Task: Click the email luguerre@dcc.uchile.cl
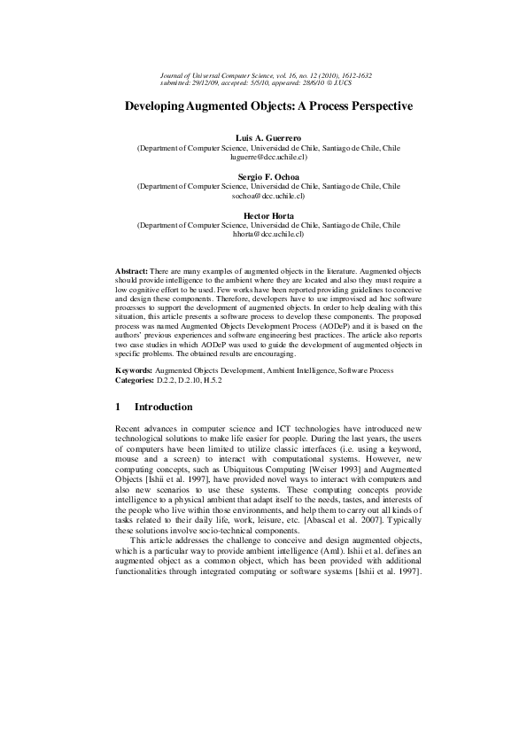tap(268, 157)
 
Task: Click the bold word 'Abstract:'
tap(133, 269)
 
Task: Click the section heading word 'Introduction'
tap(163, 408)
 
